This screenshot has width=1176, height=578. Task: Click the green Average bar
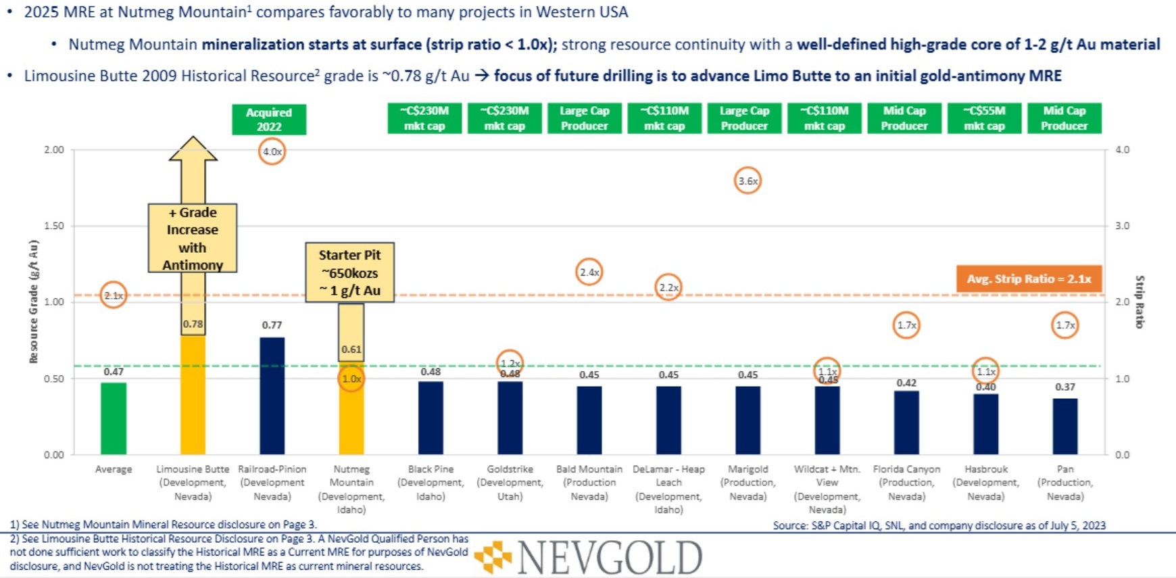114,419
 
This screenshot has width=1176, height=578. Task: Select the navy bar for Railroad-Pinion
272,396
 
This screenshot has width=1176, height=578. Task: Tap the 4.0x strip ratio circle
272,151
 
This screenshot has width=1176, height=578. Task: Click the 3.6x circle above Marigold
748,181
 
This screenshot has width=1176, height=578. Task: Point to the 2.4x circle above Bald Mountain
589,272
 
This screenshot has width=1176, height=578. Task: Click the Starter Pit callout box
349,272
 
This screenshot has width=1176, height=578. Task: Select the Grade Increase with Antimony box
193,238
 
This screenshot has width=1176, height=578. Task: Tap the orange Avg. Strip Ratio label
1029,279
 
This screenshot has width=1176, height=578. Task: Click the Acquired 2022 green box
268,119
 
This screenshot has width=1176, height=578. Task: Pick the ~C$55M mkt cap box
984,118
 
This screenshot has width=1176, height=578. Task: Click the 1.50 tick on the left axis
54,226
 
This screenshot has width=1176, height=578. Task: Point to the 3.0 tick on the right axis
1122,226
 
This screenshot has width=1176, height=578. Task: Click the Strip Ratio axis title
1140,302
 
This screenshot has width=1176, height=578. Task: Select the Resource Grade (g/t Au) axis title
34,302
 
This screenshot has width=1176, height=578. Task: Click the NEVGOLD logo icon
493,557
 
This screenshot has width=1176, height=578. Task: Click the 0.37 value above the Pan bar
1065,387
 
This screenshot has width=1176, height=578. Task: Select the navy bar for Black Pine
431,418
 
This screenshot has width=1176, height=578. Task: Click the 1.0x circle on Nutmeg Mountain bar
351,379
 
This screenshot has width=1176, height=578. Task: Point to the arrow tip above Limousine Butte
193,139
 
